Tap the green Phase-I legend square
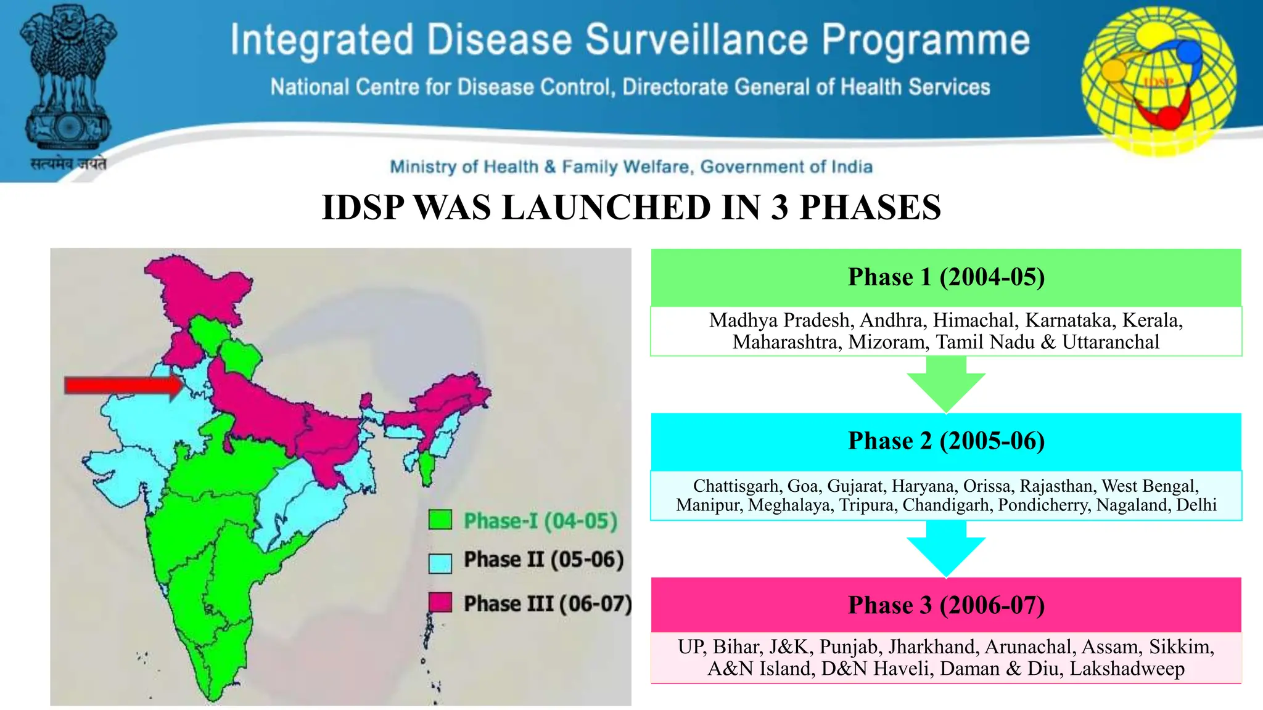pyautogui.click(x=440, y=520)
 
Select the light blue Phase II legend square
pyautogui.click(x=440, y=563)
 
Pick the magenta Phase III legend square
pyautogui.click(x=440, y=602)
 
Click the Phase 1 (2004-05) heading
pyautogui.click(x=946, y=277)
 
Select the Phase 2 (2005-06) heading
pyautogui.click(x=946, y=441)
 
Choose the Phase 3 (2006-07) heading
pyautogui.click(x=946, y=605)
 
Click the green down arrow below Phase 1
pyautogui.click(x=946, y=385)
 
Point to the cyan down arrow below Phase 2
pyautogui.click(x=946, y=549)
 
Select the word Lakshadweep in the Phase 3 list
pyautogui.click(x=1127, y=669)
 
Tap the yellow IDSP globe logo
pyautogui.click(x=1159, y=80)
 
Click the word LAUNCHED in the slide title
pyautogui.click(x=607, y=208)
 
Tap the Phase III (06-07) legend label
pyautogui.click(x=548, y=603)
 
